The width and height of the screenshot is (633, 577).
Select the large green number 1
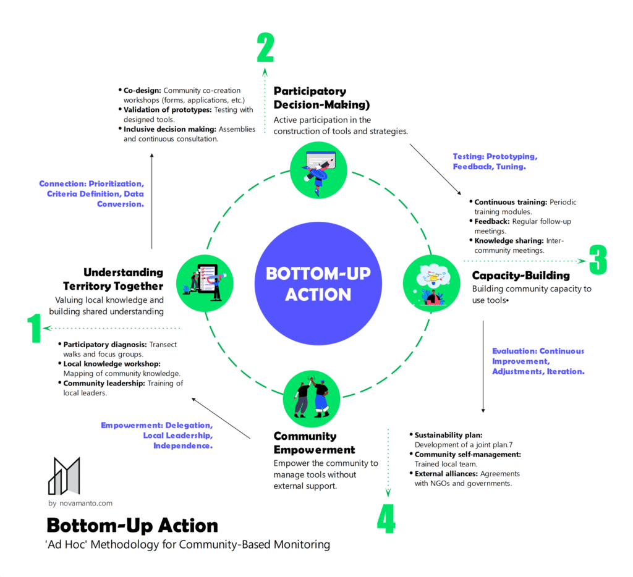coord(34,328)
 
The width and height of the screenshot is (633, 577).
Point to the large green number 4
coord(386,518)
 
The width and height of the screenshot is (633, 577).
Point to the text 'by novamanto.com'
coord(80,503)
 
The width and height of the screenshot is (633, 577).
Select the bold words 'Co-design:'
coord(143,90)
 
